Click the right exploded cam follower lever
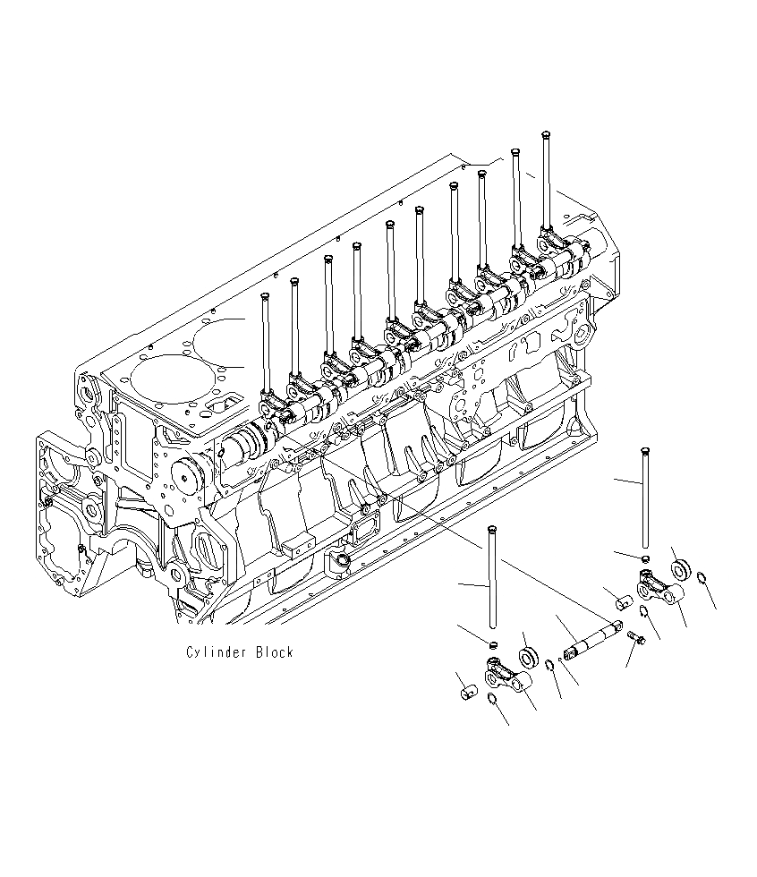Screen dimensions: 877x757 tap(661, 590)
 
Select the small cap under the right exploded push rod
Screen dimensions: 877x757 tap(644, 559)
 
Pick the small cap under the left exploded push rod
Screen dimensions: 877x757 tap(491, 643)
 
